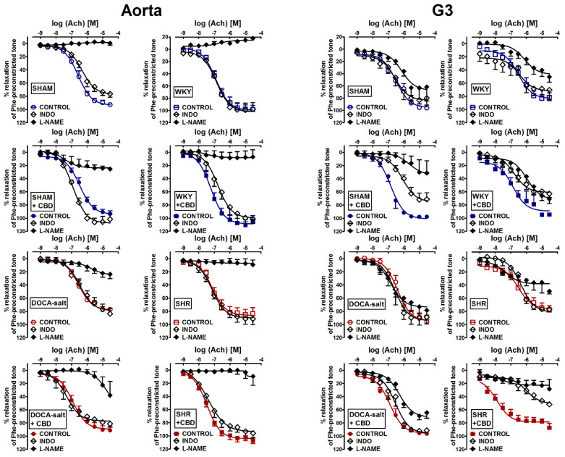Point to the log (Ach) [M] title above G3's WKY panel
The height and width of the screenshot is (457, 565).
tap(506, 25)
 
